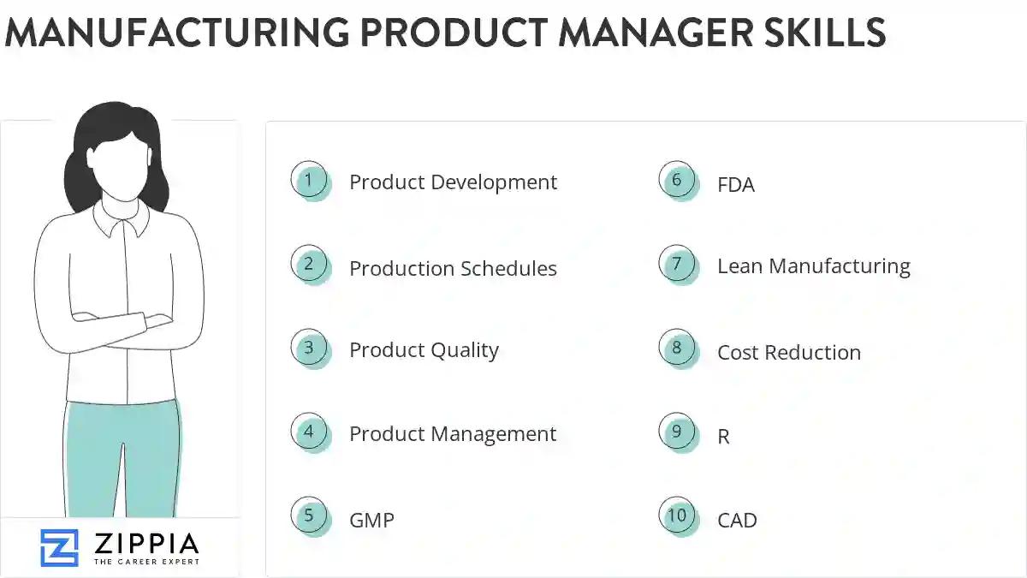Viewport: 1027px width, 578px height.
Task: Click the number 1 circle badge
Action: point(309,181)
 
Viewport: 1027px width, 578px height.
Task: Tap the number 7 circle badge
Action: point(677,264)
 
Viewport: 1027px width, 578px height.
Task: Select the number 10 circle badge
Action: point(677,515)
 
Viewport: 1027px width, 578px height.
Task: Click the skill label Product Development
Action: point(453,182)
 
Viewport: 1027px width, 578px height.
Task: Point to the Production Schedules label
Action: point(453,268)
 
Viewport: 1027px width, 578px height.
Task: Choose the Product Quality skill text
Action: point(424,350)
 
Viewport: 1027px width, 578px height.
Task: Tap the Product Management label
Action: point(453,434)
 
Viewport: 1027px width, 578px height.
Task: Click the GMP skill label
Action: point(371,520)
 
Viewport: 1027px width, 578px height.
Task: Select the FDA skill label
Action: point(736,184)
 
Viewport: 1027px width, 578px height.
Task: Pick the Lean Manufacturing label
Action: point(813,266)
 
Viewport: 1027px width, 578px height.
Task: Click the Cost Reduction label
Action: point(789,352)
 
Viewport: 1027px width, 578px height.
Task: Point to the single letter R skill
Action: point(724,437)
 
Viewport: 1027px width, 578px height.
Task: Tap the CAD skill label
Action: point(737,520)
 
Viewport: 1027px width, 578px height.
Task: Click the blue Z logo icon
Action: point(59,548)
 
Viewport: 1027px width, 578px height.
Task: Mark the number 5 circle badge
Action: point(309,515)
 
